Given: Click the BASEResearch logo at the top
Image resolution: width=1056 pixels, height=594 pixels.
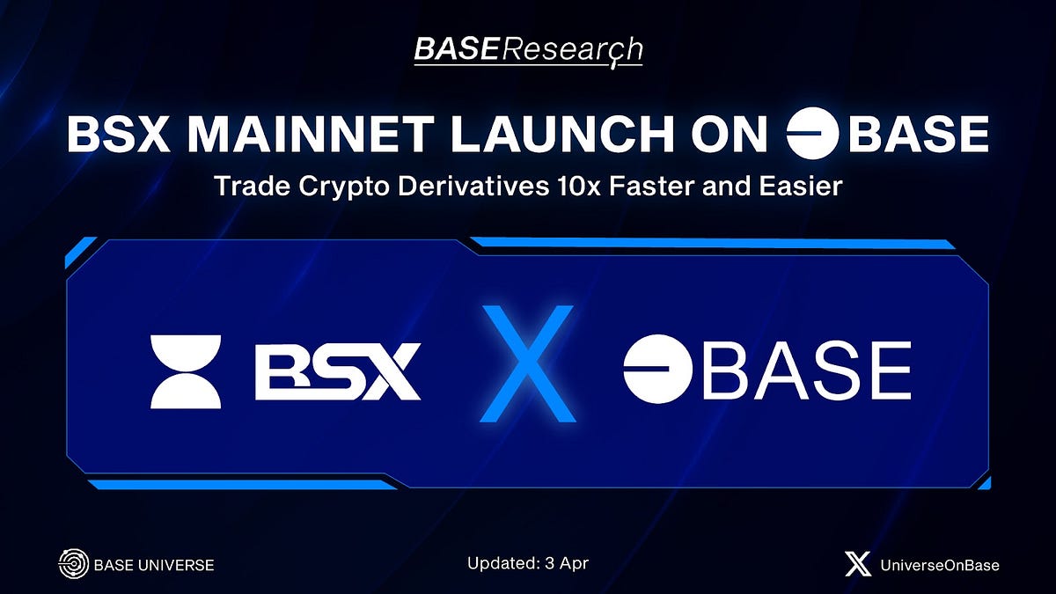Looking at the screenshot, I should pos(528,51).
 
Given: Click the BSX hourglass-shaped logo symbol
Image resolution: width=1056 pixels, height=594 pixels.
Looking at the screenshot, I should pos(186,371).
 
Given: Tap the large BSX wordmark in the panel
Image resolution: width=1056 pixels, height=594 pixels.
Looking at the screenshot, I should pos(338,371).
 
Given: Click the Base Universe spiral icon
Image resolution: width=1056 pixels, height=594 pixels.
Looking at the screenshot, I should pos(72,564).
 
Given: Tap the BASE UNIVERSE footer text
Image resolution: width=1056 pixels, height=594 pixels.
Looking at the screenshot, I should pos(153,565).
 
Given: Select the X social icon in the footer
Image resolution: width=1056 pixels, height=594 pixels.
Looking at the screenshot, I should pos(858,564).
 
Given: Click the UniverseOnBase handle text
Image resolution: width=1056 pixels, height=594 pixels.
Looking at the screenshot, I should pos(940,565).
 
